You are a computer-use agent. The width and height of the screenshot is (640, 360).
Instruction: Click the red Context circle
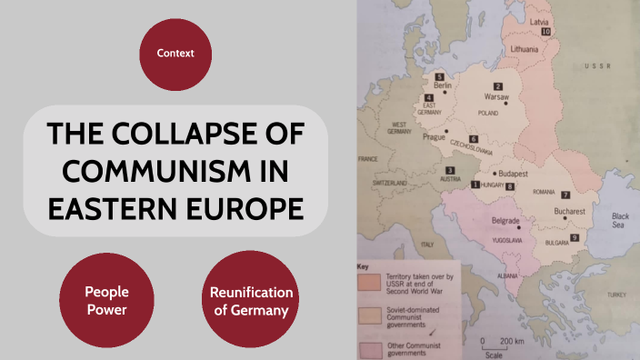(175, 53)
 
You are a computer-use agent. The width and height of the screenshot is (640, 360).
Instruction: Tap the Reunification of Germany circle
(251, 301)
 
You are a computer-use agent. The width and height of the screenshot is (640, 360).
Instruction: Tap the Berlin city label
(443, 85)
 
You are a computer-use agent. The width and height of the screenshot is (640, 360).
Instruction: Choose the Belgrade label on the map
(505, 221)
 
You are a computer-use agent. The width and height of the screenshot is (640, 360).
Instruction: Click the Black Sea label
(620, 220)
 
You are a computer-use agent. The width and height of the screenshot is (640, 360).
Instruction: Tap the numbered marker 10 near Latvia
(545, 32)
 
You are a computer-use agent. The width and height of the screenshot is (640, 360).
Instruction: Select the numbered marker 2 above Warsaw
(497, 86)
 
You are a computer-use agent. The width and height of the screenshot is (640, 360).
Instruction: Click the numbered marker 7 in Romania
(565, 195)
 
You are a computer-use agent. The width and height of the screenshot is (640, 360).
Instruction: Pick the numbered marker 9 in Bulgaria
(575, 237)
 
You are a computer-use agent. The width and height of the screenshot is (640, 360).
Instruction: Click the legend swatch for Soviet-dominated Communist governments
(368, 315)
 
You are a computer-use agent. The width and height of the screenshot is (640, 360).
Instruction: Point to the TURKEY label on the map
(617, 295)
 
